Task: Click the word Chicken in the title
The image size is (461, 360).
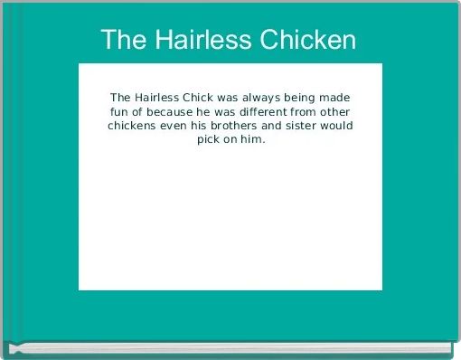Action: pyautogui.click(x=308, y=41)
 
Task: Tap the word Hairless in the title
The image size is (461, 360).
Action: pyautogui.click(x=202, y=41)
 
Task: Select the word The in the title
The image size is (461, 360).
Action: pyautogui.click(x=122, y=41)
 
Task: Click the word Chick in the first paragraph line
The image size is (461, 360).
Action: pyautogui.click(x=204, y=97)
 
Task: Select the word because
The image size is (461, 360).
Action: pyautogui.click(x=171, y=111)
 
